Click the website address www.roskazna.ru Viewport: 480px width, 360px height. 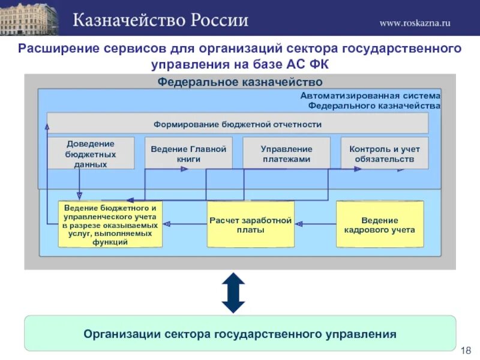point(415,23)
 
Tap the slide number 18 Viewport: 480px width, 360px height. point(466,350)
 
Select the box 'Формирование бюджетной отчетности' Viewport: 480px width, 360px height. point(238,124)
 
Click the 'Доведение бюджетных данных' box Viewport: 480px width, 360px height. point(91,153)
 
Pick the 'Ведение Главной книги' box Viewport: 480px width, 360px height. point(188,154)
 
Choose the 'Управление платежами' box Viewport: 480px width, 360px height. point(286,154)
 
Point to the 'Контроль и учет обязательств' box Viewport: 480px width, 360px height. point(385,154)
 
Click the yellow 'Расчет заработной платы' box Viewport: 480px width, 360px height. point(251,224)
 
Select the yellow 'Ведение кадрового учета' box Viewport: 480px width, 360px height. point(380,224)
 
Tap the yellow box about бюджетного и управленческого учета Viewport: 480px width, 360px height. point(110,224)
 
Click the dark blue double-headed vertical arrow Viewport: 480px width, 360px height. point(233,293)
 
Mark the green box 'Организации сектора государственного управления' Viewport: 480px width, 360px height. point(240,334)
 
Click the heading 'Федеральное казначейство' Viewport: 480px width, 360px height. point(240,82)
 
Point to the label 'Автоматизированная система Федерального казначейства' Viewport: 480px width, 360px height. point(370,100)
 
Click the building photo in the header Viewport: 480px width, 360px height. point(29,19)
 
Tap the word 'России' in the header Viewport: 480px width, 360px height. point(220,20)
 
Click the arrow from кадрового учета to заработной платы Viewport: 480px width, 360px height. point(316,224)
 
